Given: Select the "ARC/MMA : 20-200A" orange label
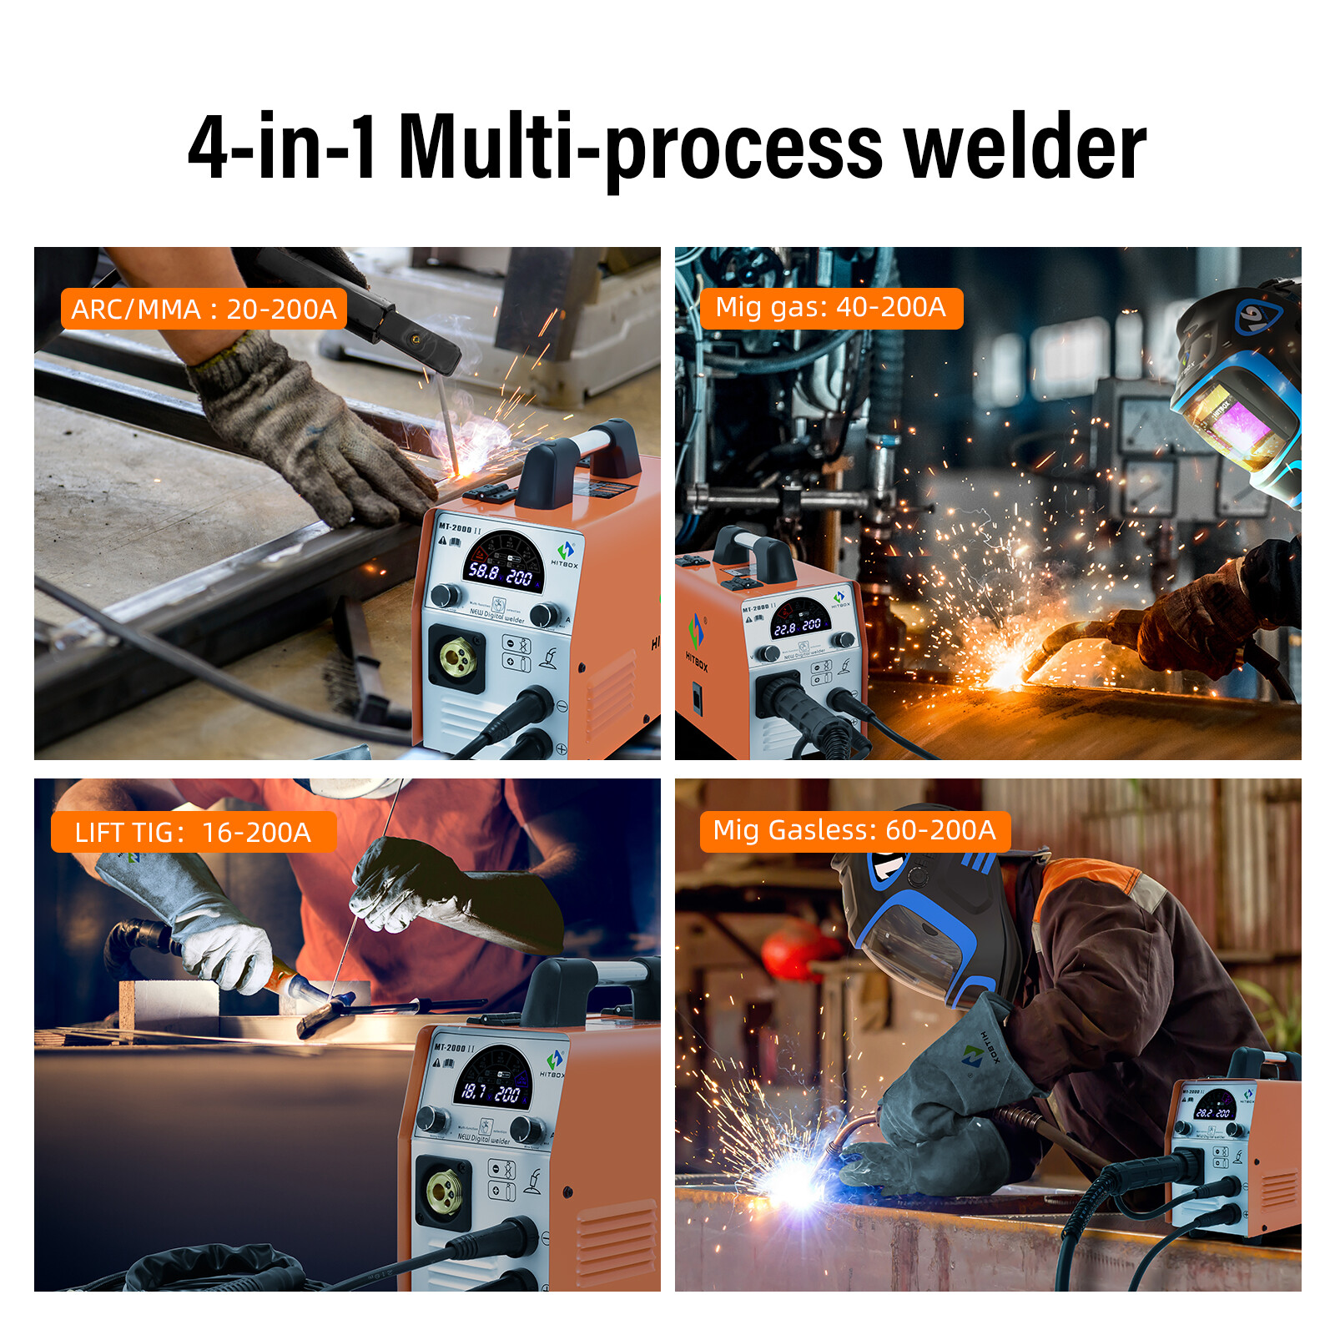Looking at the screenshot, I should (204, 310).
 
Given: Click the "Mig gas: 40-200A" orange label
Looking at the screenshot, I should (830, 308).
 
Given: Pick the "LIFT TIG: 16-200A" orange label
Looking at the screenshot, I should (193, 833).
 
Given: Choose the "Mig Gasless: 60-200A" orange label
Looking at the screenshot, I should (854, 831).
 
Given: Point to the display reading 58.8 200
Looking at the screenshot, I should (501, 574).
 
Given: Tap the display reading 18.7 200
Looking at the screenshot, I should (491, 1091).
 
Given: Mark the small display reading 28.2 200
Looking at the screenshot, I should (1213, 1113).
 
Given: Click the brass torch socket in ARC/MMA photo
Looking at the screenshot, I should (458, 657).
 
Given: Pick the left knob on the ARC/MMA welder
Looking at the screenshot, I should (446, 595).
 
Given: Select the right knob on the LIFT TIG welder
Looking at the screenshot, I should (526, 1129).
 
